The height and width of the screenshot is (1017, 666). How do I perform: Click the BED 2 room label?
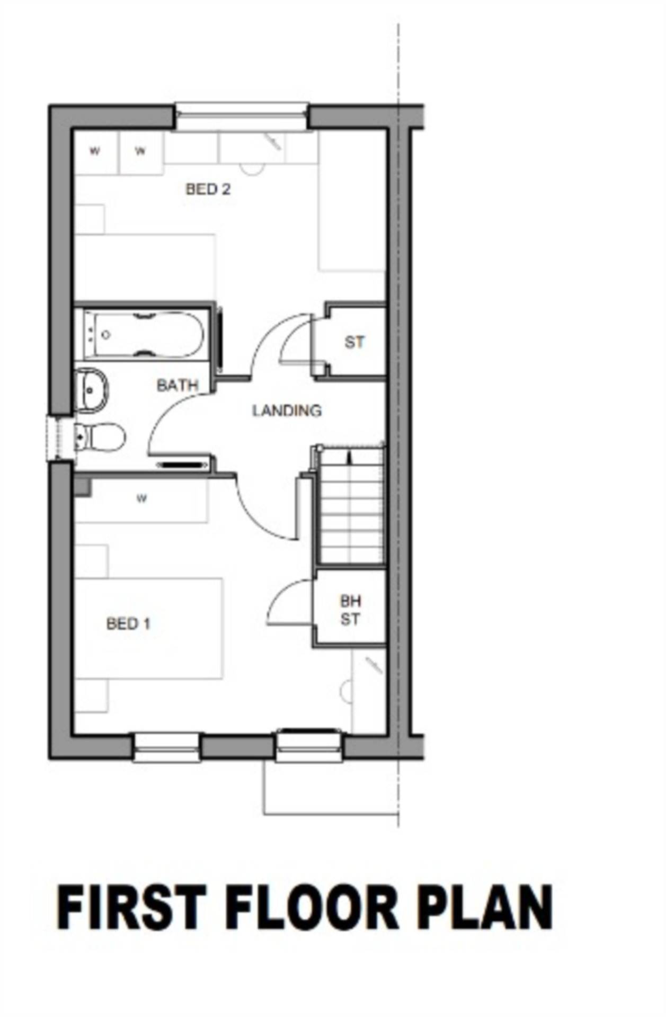208,189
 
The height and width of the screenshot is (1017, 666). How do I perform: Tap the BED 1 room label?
128,623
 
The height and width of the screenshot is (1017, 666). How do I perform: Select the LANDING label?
287,411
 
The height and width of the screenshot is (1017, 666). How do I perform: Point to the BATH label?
177,385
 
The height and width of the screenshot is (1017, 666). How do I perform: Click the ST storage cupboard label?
354,342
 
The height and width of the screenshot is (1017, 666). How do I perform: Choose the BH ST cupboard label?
350,610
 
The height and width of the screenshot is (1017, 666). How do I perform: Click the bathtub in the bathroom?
143,335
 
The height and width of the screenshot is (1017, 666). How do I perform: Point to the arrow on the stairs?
349,457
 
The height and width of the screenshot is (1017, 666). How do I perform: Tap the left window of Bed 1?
167,747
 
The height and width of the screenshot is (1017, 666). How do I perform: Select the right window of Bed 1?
309,746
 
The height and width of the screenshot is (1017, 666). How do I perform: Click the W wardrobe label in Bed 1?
141,498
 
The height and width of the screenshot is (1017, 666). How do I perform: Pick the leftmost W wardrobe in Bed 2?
94,151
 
